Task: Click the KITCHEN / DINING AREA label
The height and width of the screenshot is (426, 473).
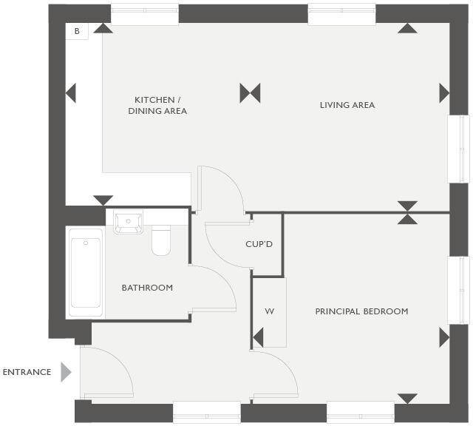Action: pos(157,105)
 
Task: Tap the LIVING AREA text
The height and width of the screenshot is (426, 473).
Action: pos(347,105)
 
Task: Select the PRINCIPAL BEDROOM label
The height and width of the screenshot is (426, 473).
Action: pos(361,311)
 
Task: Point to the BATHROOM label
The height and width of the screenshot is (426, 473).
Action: pos(147,288)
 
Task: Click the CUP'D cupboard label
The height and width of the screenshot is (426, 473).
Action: pos(259,244)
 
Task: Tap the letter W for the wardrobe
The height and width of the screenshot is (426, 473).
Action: pos(269,311)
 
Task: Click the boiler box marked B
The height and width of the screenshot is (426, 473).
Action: pos(77,31)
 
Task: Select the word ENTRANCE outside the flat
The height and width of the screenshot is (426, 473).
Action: pos(27,372)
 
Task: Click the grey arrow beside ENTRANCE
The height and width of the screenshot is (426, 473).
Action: pos(66,372)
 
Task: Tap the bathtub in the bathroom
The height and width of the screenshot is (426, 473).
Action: pos(86,273)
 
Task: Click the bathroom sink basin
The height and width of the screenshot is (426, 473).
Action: pos(128,222)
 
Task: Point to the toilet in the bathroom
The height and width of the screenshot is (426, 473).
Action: pos(161,240)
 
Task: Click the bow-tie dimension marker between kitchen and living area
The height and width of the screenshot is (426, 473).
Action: pos(250,93)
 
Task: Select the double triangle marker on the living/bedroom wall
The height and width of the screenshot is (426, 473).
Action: pos(407,213)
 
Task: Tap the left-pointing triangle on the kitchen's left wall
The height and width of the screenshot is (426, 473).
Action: pos(71,93)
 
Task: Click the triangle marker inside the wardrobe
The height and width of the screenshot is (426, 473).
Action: pos(258,337)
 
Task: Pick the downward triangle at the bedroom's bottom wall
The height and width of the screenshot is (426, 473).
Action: pos(407,399)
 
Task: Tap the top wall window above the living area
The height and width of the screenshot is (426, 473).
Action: pos(341,14)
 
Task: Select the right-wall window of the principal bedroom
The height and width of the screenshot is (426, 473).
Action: pos(459,291)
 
